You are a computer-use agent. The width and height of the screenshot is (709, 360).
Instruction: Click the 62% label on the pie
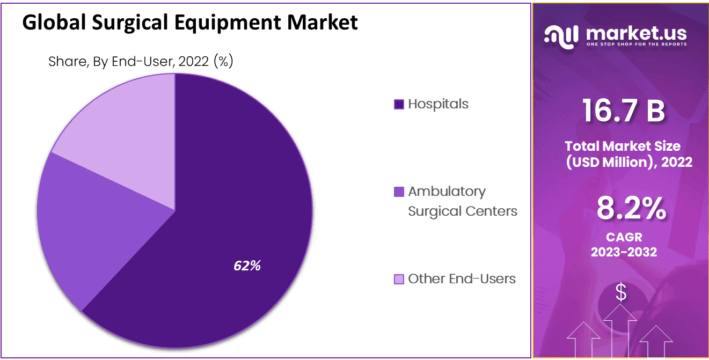247,265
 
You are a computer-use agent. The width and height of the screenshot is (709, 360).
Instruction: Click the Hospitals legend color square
399,104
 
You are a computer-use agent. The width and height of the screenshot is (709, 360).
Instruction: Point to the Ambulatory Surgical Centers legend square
399,192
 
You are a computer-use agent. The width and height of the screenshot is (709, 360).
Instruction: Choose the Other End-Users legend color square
399,279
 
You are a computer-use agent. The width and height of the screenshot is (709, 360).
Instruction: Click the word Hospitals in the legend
438,104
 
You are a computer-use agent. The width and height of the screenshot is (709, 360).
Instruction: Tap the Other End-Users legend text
462,278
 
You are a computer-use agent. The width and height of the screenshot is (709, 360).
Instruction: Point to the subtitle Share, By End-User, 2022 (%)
141,62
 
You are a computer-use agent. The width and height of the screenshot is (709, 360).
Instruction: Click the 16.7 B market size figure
624,112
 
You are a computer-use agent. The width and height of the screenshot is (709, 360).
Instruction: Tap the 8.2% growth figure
631,209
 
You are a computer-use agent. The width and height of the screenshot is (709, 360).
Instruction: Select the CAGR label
624,237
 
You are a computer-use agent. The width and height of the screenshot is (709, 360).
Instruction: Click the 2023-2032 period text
624,252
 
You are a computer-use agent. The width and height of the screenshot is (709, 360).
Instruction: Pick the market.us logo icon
561,35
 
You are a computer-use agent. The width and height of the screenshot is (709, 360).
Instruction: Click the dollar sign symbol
621,292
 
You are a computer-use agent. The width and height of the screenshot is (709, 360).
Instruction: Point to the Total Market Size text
622,146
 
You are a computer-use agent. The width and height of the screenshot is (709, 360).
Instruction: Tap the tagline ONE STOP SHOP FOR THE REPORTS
636,45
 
